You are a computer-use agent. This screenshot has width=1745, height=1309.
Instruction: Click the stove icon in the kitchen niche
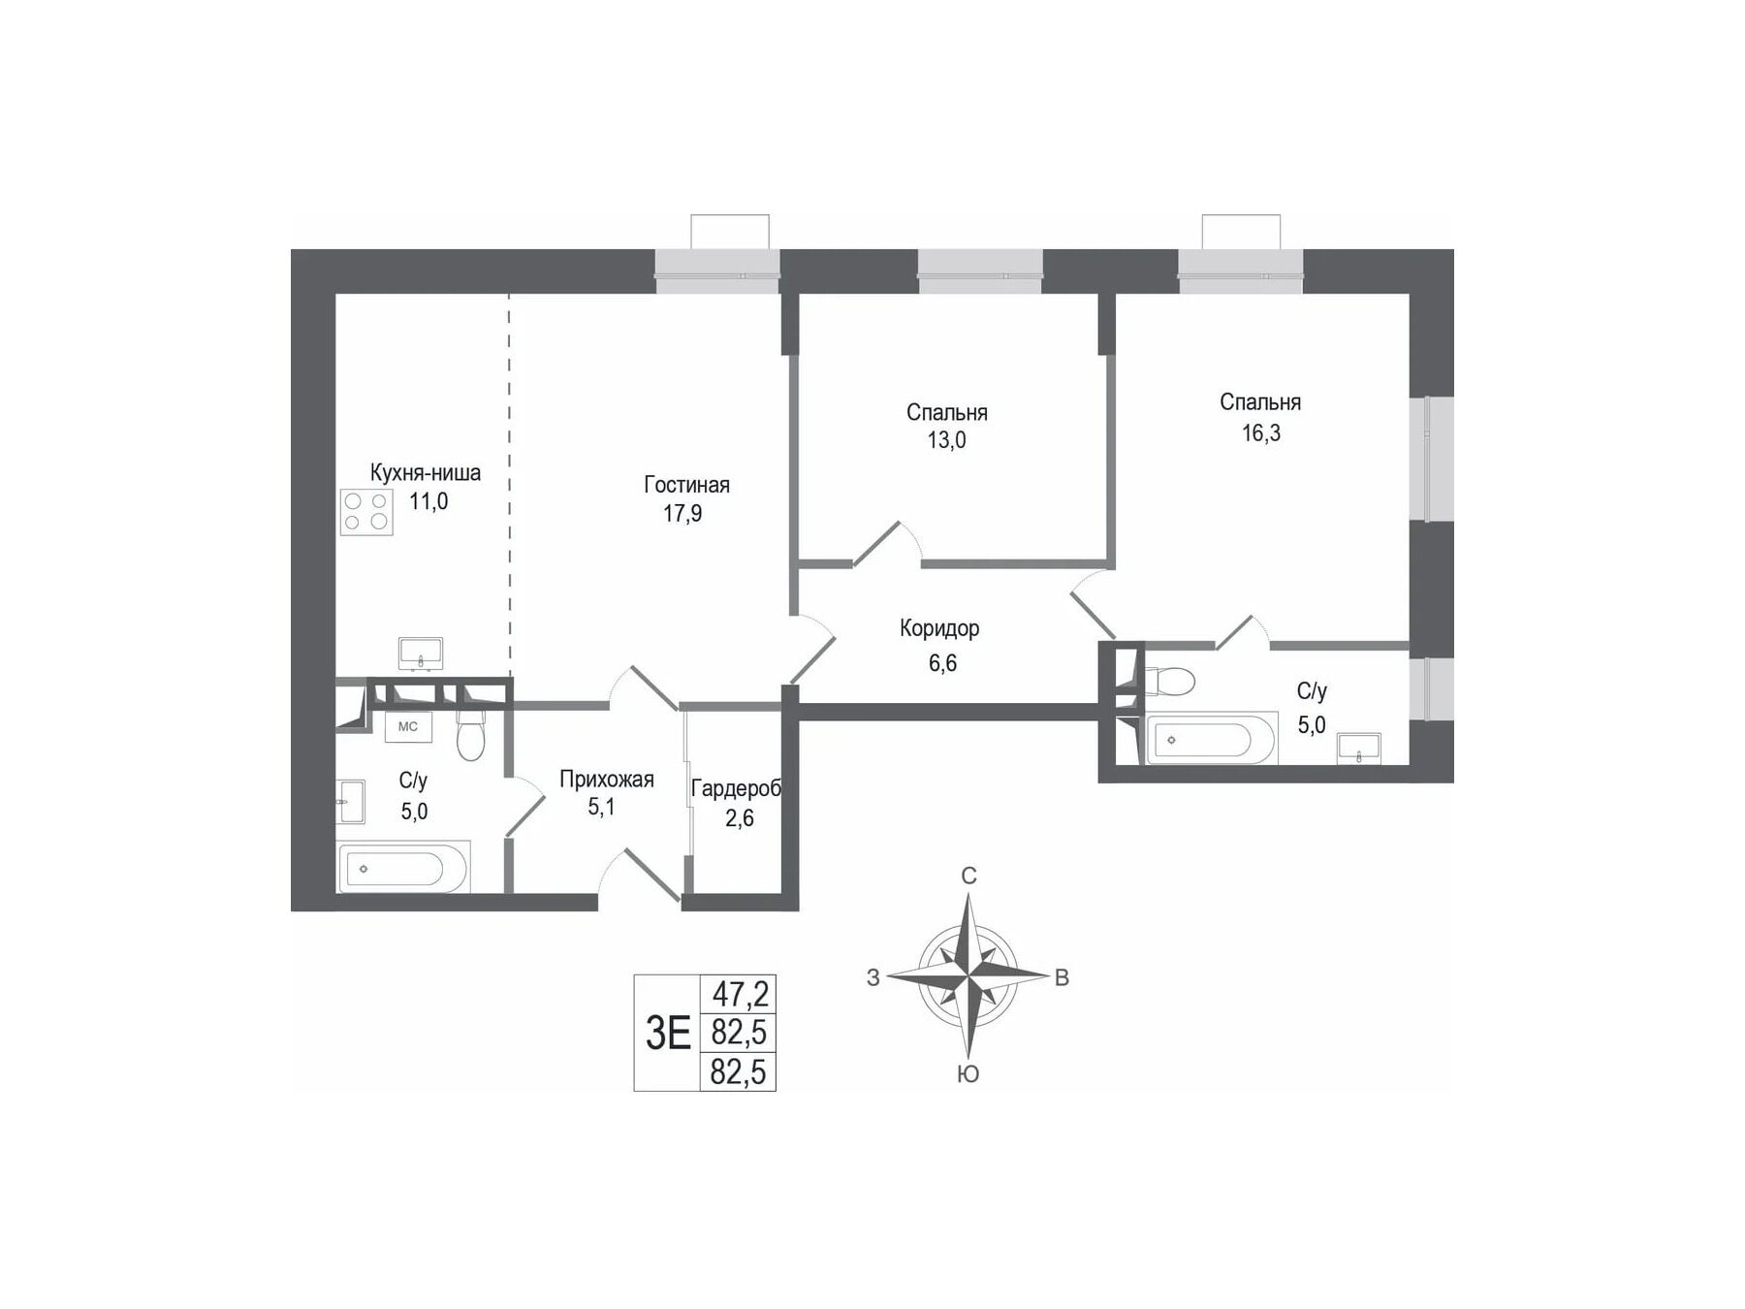click(x=366, y=512)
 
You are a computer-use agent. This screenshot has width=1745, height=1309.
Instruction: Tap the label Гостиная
click(x=686, y=485)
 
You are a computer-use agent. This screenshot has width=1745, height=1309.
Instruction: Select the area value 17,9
click(x=682, y=514)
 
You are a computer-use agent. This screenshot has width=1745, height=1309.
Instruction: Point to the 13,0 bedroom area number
click(x=946, y=440)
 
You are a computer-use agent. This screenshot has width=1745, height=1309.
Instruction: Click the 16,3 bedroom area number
click(x=1261, y=433)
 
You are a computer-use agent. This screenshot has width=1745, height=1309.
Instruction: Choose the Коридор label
click(x=939, y=628)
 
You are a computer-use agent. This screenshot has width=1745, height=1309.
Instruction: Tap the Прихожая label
click(x=607, y=780)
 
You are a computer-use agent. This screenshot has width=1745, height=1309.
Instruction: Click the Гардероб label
click(x=736, y=788)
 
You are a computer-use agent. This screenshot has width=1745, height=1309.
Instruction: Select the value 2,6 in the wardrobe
click(x=740, y=818)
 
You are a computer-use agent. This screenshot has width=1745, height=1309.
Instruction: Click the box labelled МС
click(x=408, y=726)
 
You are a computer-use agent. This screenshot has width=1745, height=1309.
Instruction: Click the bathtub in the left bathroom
click(x=403, y=867)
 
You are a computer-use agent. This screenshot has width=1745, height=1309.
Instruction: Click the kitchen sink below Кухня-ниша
click(x=421, y=654)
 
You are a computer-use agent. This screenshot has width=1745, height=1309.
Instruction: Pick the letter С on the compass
click(x=968, y=877)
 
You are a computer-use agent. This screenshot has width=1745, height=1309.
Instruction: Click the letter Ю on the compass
click(x=968, y=1073)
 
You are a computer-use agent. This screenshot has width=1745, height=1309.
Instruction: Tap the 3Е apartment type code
click(x=668, y=1034)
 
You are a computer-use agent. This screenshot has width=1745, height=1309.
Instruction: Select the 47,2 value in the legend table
click(x=741, y=993)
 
